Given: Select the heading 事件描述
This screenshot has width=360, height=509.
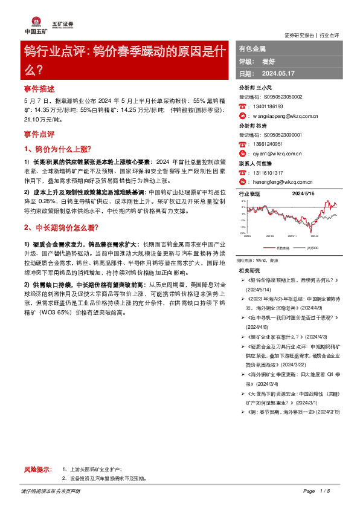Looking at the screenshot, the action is coord(38,87).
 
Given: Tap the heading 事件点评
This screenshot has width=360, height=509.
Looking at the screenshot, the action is coord(38,132).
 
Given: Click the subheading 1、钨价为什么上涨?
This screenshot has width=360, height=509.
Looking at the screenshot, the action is coord(57,148).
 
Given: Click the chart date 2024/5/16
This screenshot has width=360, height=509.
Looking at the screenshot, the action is coord(304,194).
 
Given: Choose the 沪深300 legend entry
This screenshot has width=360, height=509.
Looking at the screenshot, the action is coord(313,248).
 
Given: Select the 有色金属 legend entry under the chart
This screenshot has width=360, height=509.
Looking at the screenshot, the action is coord(283,248).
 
